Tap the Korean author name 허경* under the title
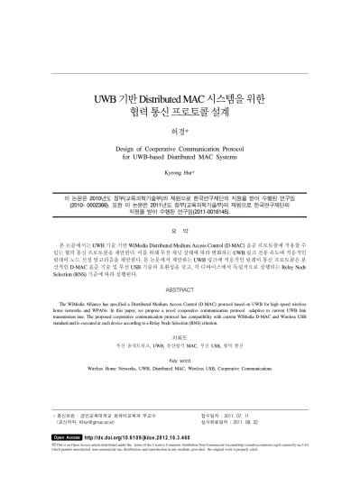tap(180, 130)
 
